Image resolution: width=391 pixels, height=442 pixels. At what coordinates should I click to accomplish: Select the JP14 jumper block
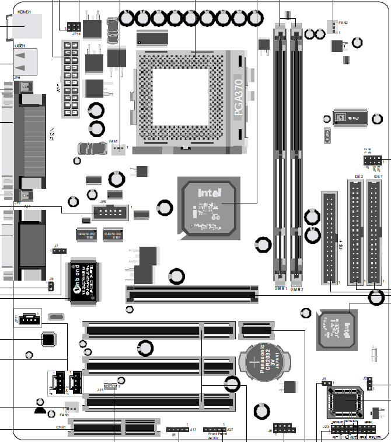coord(74,26)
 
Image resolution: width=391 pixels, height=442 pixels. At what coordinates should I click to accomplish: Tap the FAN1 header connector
coord(119,149)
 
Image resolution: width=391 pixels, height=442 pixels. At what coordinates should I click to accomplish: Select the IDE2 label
coord(358,176)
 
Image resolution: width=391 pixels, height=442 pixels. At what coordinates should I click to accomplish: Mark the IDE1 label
coord(378,176)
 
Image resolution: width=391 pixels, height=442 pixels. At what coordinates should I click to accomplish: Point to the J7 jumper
coord(60,251)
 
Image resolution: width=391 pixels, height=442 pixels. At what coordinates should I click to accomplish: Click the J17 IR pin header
coord(177,430)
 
